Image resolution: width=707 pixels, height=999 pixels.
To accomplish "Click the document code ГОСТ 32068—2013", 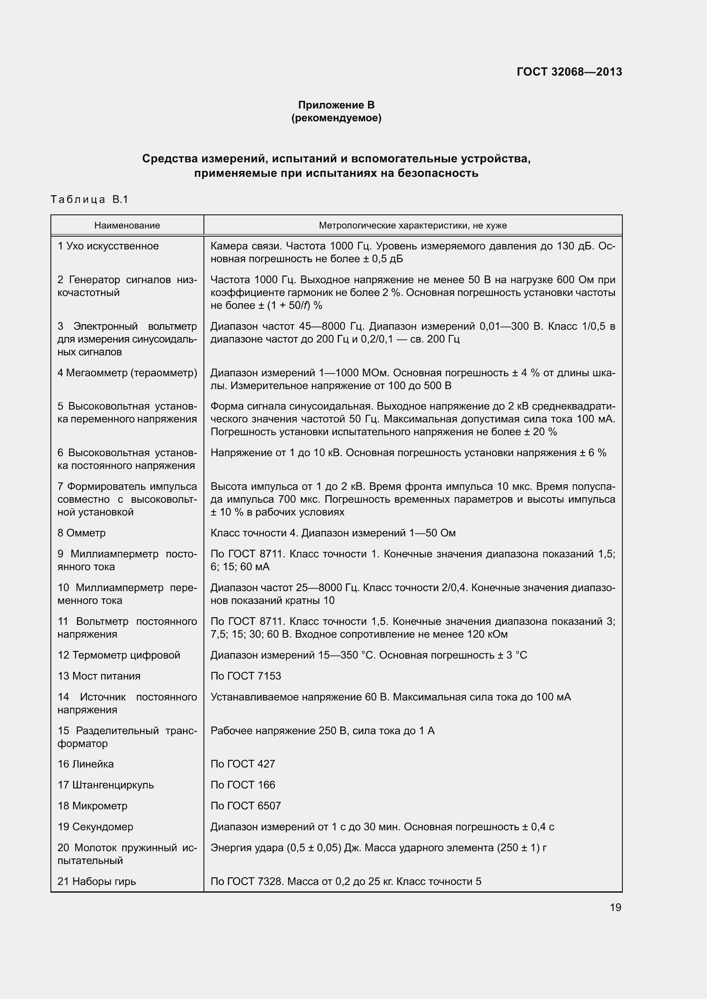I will pyautogui.click(x=569, y=72).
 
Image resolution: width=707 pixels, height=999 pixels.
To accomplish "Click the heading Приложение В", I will pyautogui.click(x=336, y=105).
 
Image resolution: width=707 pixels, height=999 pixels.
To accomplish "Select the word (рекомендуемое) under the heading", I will pyautogui.click(x=336, y=118).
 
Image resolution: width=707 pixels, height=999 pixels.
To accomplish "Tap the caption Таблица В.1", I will pyautogui.click(x=89, y=200).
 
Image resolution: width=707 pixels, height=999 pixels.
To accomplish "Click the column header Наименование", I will pyautogui.click(x=127, y=226).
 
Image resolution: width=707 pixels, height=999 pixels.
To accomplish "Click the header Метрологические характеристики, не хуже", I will pyautogui.click(x=413, y=226).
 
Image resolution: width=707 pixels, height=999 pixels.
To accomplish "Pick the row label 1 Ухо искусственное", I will pyautogui.click(x=108, y=246).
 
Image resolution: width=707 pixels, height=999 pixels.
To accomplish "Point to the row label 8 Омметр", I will pyautogui.click(x=81, y=533).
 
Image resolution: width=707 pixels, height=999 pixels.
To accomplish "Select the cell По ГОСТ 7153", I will pyautogui.click(x=245, y=676).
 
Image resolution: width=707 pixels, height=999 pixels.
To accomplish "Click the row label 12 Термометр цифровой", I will pyautogui.click(x=118, y=655).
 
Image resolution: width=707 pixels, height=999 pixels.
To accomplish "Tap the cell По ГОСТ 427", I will pyautogui.click(x=242, y=764).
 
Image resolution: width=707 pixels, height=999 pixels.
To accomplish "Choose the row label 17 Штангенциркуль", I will pyautogui.click(x=105, y=785).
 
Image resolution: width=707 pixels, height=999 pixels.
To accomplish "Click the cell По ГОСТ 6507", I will pyautogui.click(x=245, y=806).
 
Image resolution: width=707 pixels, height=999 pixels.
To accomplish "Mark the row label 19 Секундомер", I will pyautogui.click(x=95, y=827).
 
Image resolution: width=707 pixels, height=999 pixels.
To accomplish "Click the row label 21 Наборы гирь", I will pyautogui.click(x=97, y=882).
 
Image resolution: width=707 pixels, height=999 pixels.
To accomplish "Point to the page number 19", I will pyautogui.click(x=615, y=908).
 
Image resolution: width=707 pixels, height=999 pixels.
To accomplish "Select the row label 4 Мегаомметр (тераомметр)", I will pyautogui.click(x=127, y=373).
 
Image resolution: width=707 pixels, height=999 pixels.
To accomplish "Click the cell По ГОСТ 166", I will pyautogui.click(x=242, y=785).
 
